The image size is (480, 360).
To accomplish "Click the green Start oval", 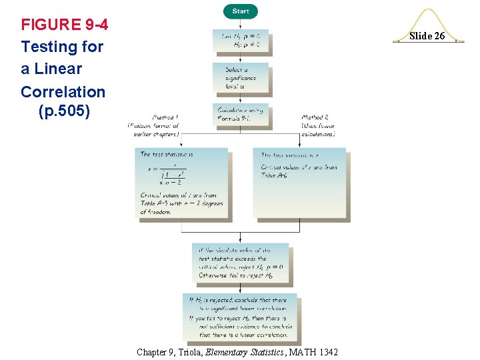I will click(241, 11).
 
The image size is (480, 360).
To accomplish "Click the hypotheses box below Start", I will click(241, 41).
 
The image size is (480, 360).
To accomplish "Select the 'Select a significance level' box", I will click(241, 78).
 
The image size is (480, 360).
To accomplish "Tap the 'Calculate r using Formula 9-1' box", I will click(241, 114).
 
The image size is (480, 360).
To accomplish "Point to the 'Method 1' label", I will click(163, 117).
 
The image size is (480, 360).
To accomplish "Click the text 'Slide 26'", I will click(427, 36).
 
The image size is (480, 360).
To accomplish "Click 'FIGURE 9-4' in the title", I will click(65, 25).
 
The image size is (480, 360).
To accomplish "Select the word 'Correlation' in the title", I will click(63, 91).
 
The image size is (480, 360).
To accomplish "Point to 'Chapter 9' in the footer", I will click(156, 352).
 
